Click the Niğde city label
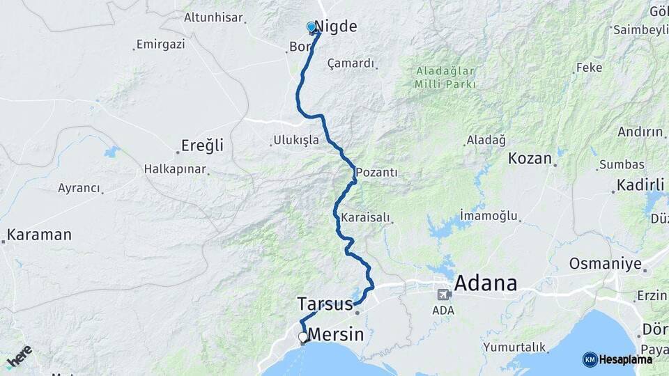[336, 27]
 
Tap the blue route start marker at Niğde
[312, 27]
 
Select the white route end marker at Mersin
[302, 337]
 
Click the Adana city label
[486, 283]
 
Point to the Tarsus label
[325, 304]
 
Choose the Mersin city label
[336, 334]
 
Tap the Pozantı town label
[376, 172]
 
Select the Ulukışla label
[296, 140]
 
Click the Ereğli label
[202, 146]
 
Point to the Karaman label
[39, 234]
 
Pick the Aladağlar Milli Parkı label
[445, 77]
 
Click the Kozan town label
[530, 158]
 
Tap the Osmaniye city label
[604, 264]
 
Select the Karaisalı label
[365, 217]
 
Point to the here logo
[19, 357]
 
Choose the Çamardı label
[351, 63]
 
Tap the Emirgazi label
[160, 45]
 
